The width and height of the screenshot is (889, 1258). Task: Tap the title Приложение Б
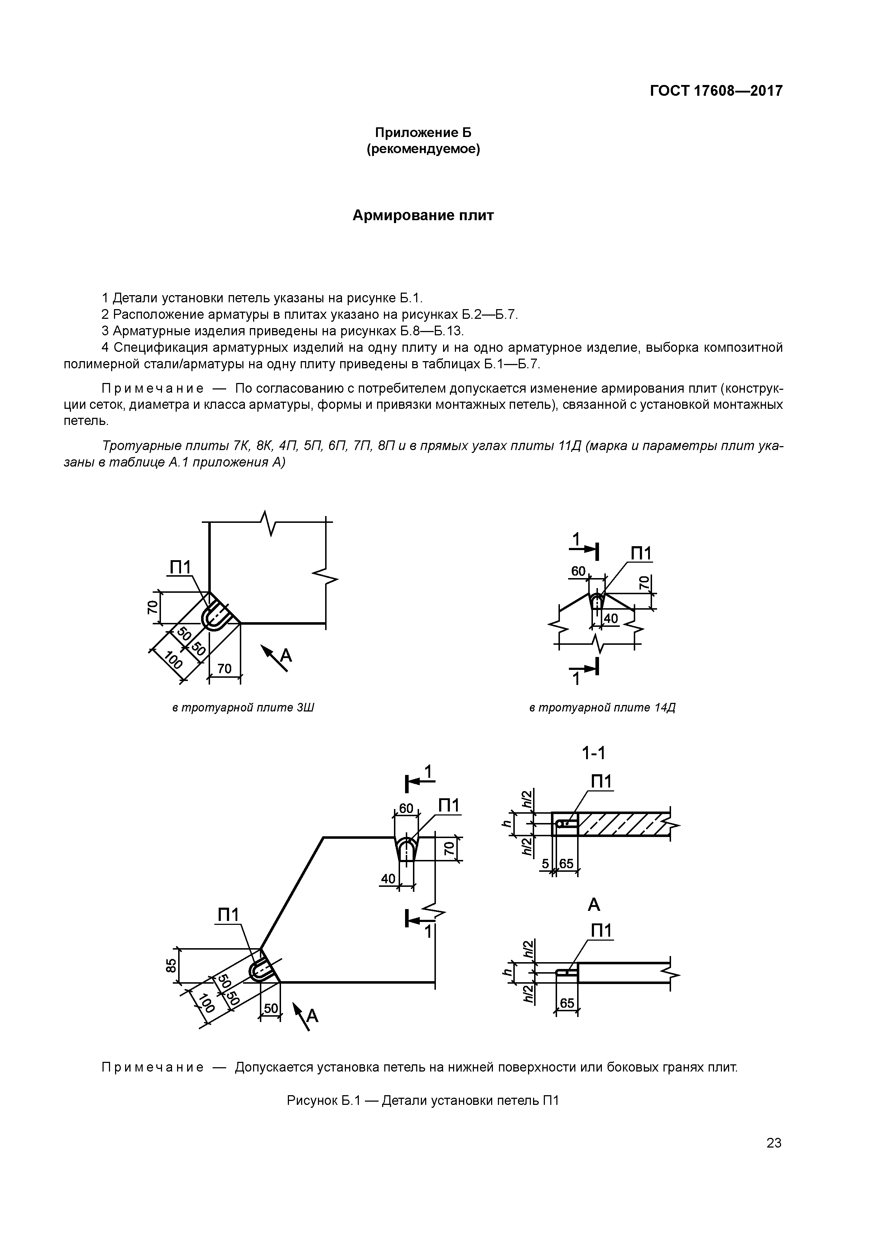point(423,133)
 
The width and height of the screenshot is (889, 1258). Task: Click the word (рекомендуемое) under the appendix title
point(423,149)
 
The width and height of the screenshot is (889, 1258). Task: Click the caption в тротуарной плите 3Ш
point(243,708)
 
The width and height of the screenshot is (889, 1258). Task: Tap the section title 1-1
point(594,754)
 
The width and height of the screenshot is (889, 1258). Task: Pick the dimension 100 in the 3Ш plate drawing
point(173,661)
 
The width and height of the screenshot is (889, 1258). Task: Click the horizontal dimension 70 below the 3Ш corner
point(224,668)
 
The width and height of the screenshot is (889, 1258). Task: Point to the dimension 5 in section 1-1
point(546,864)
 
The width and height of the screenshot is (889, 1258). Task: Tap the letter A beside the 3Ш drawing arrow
point(286,655)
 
